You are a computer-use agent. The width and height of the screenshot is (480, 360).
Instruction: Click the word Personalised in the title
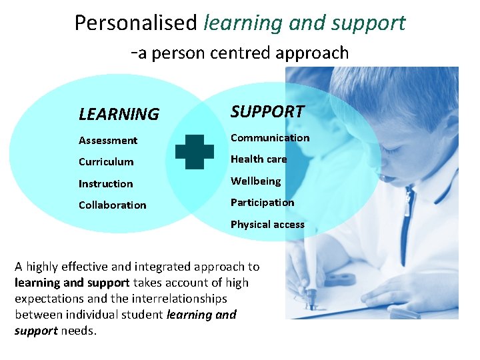[135, 23]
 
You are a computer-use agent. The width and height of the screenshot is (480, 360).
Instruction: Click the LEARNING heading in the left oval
[119, 115]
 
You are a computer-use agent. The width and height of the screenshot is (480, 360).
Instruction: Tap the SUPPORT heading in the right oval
[267, 111]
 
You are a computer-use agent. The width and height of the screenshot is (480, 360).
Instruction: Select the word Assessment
[108, 140]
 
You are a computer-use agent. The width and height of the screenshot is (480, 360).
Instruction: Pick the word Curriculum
[106, 162]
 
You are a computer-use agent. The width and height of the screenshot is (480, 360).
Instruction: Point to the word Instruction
[105, 184]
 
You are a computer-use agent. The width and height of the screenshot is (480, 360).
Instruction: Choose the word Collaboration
[112, 205]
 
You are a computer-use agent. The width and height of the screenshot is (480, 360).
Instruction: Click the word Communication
[270, 138]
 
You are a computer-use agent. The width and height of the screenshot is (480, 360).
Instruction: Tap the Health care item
[259, 159]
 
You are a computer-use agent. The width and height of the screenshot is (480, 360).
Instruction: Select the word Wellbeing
[255, 181]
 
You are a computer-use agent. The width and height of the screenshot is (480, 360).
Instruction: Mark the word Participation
[262, 203]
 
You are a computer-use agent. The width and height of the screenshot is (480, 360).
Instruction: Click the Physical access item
[267, 225]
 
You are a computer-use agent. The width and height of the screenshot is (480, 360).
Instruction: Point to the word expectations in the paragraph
[50, 299]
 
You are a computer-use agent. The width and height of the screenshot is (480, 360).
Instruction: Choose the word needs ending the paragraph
[79, 331]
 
